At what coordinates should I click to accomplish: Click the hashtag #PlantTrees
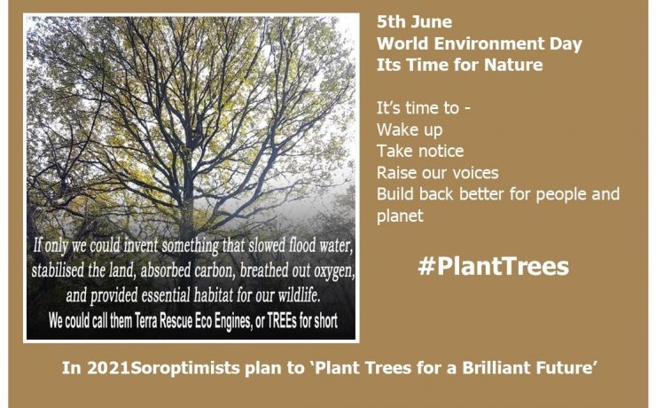[x=492, y=265]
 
